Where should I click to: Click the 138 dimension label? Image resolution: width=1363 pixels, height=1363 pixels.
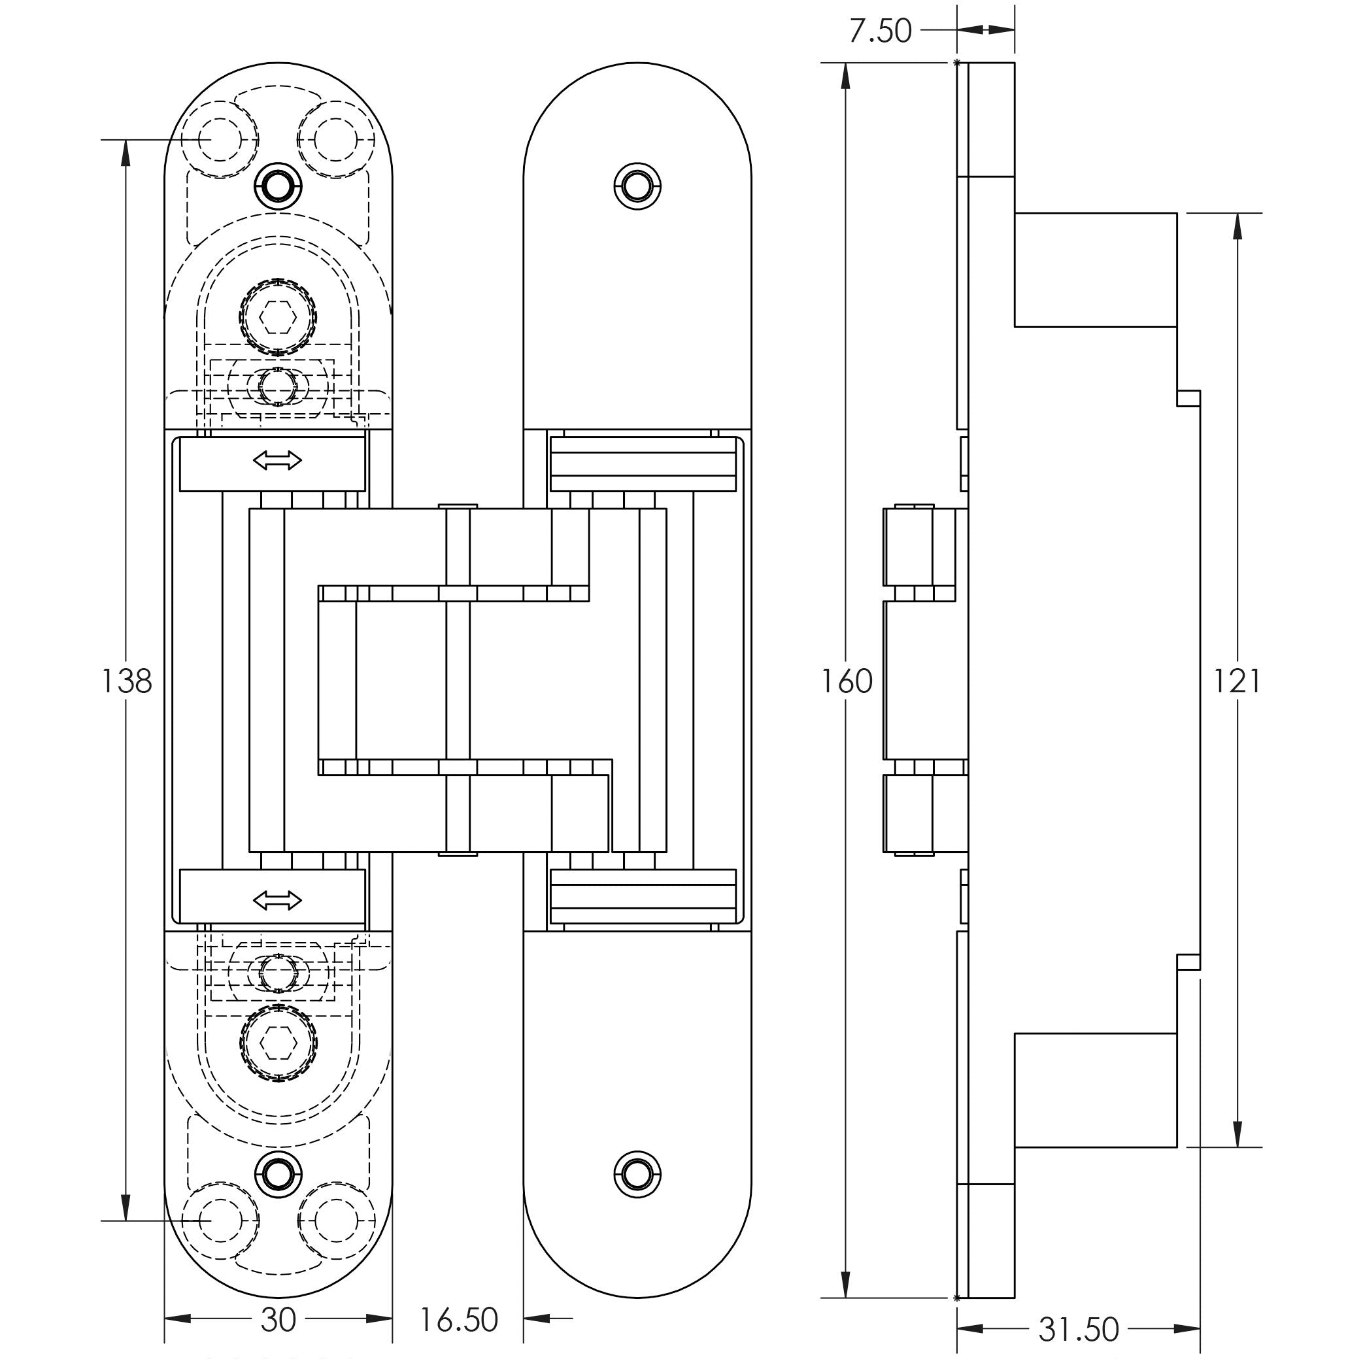pyautogui.click(x=127, y=681)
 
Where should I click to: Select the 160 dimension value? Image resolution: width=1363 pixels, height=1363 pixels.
pyautogui.click(x=847, y=681)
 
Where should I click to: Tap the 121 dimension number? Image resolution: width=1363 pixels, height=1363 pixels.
pyautogui.click(x=1236, y=681)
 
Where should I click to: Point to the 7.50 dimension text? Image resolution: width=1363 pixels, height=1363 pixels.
pyautogui.click(x=880, y=31)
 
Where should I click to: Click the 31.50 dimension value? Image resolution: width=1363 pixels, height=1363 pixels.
pyautogui.click(x=1079, y=1330)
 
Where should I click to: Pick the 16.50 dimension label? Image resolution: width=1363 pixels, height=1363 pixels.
pyautogui.click(x=458, y=1319)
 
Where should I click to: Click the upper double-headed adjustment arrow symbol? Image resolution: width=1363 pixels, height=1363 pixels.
pyautogui.click(x=277, y=462)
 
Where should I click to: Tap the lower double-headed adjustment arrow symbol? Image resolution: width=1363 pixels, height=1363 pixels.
pyautogui.click(x=277, y=901)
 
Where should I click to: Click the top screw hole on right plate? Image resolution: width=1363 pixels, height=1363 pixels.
pyautogui.click(x=638, y=186)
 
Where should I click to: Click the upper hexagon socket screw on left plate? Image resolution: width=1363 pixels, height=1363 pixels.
pyautogui.click(x=277, y=314)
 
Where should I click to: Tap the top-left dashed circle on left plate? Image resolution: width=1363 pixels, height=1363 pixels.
pyautogui.click(x=220, y=140)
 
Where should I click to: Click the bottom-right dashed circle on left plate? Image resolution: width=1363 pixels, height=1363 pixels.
pyautogui.click(x=336, y=1220)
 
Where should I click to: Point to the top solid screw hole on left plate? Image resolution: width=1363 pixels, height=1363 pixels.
pyautogui.click(x=277, y=186)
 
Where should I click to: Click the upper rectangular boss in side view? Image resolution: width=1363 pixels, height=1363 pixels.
pyautogui.click(x=1095, y=270)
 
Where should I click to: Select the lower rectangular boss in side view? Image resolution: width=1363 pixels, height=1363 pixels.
pyautogui.click(x=1095, y=1090)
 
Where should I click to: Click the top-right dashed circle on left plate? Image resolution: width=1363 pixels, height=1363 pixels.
pyautogui.click(x=336, y=140)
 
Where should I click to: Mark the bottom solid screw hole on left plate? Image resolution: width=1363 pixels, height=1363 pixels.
pyautogui.click(x=277, y=1175)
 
